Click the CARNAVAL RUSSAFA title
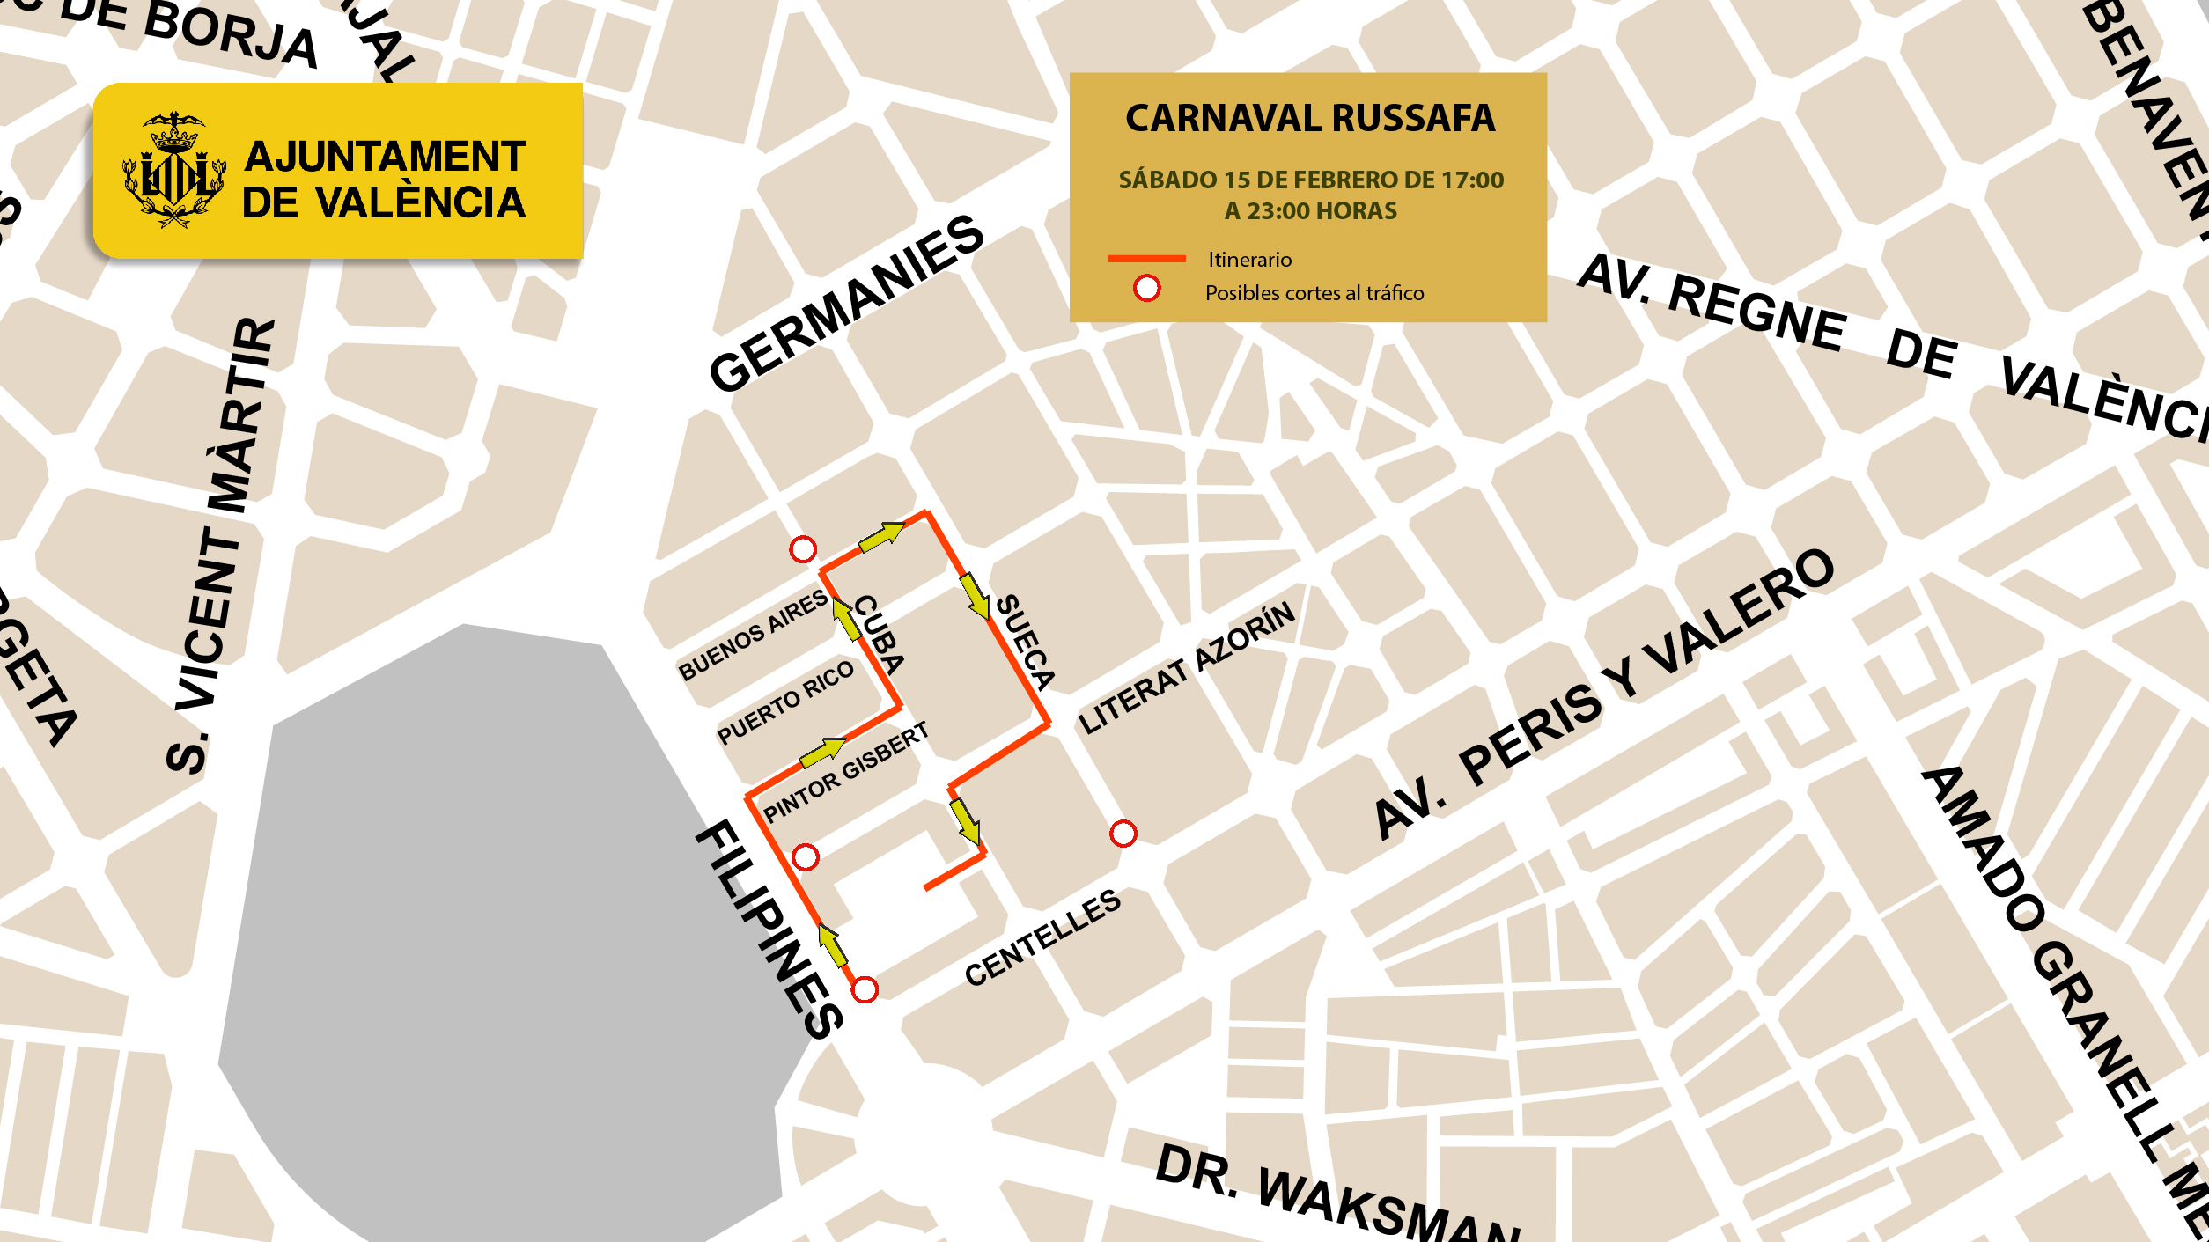tap(1309, 119)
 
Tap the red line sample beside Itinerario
tap(1145, 259)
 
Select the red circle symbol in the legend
tap(1146, 289)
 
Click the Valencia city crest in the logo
tap(174, 172)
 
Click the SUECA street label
tap(1025, 642)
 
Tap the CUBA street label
tap(879, 635)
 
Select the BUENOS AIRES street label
tap(753, 636)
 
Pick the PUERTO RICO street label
tap(785, 702)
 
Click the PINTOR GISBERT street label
tap(845, 772)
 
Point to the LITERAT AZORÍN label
tap(1187, 668)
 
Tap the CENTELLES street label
tap(1042, 938)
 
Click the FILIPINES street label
tap(769, 930)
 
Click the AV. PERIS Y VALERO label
tap(1603, 694)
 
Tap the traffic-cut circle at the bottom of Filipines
tap(865, 990)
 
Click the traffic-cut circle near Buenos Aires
tap(802, 550)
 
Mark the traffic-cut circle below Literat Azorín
tap(1123, 834)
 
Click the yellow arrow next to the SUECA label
tap(974, 596)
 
